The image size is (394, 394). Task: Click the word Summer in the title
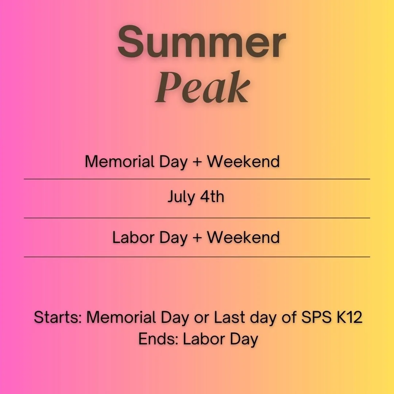click(x=201, y=43)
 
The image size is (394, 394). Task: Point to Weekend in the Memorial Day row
click(x=243, y=162)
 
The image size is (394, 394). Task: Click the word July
click(x=181, y=197)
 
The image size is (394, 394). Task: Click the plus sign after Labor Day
click(x=197, y=238)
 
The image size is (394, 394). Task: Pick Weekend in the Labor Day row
click(x=243, y=237)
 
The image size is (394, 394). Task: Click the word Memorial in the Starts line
click(x=120, y=317)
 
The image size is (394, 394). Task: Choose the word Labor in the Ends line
click(x=200, y=339)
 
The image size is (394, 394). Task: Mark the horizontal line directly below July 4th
click(x=197, y=218)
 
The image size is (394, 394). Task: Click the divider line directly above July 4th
click(x=197, y=179)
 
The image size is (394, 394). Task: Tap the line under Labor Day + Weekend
click(x=197, y=257)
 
